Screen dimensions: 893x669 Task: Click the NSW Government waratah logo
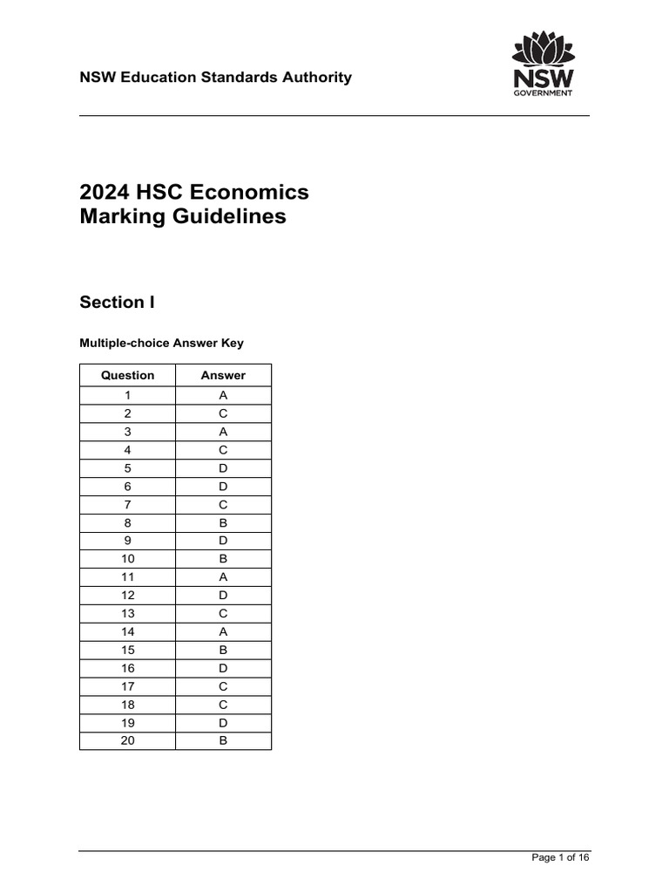[542, 64]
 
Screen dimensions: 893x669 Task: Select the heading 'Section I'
[118, 303]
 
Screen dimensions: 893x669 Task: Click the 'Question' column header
[128, 376]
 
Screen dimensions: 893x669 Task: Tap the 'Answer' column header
[223, 376]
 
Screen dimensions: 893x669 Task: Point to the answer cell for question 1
[223, 395]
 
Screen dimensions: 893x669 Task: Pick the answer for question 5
[223, 467]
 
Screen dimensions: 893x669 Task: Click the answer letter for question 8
[223, 522]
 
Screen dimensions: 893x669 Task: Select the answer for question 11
[223, 577]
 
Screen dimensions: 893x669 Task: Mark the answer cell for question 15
[223, 650]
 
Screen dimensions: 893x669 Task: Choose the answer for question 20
[223, 741]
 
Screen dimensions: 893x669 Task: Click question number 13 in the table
[128, 614]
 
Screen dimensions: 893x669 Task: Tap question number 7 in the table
[128, 504]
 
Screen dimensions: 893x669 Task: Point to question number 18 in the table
[128, 705]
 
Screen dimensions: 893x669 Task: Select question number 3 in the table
[128, 432]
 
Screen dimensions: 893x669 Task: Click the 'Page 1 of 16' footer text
[560, 858]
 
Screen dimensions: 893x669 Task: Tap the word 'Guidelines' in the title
[237, 216]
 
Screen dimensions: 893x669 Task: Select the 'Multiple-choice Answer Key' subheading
[162, 344]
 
